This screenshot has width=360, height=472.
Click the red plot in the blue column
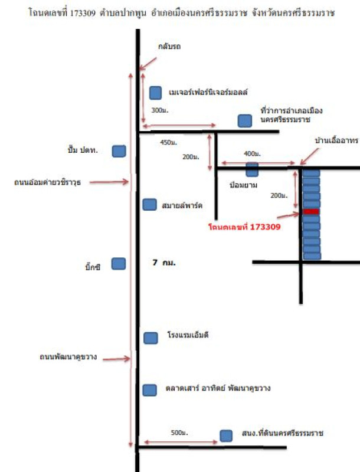click(x=311, y=211)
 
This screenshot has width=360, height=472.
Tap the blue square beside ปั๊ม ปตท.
click(x=119, y=152)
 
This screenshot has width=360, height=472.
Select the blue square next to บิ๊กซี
click(x=119, y=264)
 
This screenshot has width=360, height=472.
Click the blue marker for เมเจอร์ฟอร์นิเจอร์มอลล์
click(x=156, y=93)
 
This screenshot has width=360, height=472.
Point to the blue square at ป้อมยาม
click(x=252, y=170)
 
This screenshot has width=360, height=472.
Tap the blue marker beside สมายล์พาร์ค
click(x=150, y=204)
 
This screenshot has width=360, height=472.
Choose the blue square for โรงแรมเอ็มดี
click(x=150, y=337)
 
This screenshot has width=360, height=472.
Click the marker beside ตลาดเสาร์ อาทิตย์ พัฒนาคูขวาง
click(x=150, y=389)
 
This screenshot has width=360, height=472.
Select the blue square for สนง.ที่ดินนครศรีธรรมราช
click(x=226, y=435)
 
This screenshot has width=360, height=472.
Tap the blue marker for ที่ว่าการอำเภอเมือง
click(x=244, y=120)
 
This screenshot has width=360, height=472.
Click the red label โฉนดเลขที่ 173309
click(x=244, y=225)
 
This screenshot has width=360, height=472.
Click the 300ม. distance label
click(x=159, y=110)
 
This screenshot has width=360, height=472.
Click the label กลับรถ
click(x=168, y=45)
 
